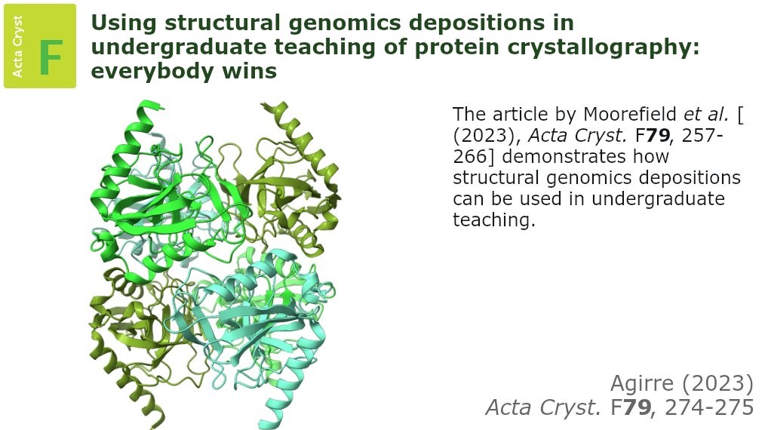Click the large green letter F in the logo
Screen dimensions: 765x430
51,57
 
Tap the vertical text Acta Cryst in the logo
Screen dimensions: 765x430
17,46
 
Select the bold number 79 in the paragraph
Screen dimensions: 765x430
658,135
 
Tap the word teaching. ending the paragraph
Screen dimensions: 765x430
494,220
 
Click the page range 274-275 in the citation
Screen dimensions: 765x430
709,407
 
